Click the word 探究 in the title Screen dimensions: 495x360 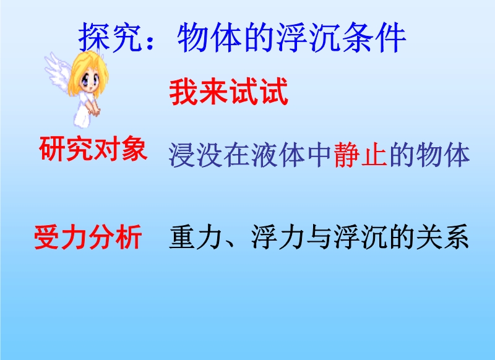111,38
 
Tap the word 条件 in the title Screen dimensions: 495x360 374,38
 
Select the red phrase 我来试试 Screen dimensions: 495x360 229,92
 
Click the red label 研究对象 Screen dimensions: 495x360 93,149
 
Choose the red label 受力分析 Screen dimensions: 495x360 88,237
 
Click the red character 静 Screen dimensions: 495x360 346,155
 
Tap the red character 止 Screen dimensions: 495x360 374,155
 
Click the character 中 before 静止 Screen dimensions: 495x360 319,155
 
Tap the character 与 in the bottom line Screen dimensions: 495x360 319,237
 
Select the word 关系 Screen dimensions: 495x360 442,237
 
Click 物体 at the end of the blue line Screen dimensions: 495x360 443,155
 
